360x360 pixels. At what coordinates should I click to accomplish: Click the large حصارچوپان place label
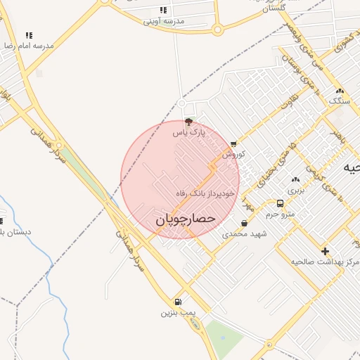[184, 219]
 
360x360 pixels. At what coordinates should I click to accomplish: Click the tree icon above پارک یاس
[188, 122]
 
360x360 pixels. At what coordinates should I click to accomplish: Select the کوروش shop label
[233, 154]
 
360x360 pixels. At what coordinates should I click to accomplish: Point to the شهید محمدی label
[241, 233]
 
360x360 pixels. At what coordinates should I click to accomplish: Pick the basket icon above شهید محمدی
[244, 224]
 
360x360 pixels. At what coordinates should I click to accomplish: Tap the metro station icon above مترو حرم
[281, 204]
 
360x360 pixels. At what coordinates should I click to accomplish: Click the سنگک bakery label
[339, 101]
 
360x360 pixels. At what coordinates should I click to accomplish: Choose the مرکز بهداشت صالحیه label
[326, 262]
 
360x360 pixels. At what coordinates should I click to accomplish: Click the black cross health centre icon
[324, 251]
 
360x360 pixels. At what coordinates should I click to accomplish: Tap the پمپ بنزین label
[176, 312]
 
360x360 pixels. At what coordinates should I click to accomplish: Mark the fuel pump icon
[177, 302]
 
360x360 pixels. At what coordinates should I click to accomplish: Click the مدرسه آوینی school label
[164, 21]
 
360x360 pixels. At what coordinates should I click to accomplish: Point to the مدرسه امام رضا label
[28, 45]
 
